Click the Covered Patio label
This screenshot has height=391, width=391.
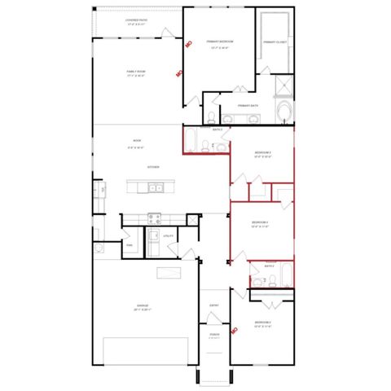pos(136,22)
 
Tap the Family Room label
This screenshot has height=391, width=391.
pos(135,72)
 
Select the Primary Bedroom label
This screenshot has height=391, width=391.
pos(220,42)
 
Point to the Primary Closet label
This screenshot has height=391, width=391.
pos(275,42)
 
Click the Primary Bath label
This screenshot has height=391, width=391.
pos(248,105)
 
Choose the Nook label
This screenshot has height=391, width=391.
pos(137,141)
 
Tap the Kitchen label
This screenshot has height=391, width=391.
pos(152,167)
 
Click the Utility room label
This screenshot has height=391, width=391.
pos(169,235)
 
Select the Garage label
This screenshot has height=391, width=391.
pos(142,306)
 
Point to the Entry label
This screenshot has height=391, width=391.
pos(213,305)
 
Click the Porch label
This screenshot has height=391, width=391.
pos(213,334)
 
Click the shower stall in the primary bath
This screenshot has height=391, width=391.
pos(282,86)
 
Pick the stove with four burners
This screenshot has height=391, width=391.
pos(154,217)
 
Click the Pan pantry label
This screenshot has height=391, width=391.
pos(130,244)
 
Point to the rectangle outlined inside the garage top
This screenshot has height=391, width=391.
pos(168,272)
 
